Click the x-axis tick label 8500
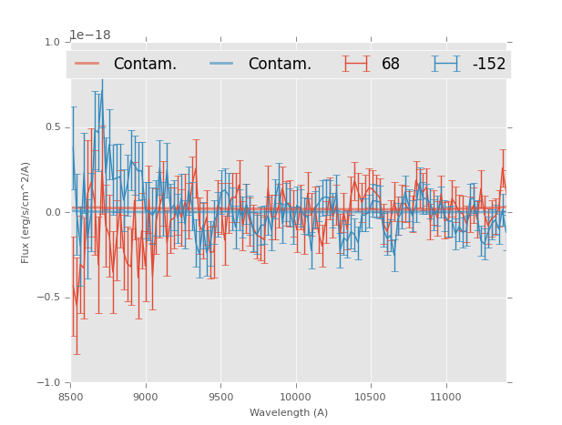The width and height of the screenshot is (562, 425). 71,397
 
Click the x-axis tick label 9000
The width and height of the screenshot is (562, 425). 146,397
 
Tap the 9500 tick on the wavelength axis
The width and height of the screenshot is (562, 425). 220,397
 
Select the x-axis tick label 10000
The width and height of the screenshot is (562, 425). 295,397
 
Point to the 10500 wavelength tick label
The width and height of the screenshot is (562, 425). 370,397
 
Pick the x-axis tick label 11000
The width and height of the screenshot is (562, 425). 444,397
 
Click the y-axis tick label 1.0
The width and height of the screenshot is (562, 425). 52,42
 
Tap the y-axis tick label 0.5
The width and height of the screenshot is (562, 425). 52,127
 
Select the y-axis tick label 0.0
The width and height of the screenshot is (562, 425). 52,213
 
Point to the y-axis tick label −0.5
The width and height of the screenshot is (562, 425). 49,298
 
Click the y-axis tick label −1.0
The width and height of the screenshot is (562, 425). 49,383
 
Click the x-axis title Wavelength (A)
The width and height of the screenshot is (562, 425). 289,412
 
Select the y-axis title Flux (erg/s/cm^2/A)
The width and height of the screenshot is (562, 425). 26,213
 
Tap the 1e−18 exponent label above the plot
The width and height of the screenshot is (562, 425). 90,35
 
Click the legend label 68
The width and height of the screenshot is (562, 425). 391,64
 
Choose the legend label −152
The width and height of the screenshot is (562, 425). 489,64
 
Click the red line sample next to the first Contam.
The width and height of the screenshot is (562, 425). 87,64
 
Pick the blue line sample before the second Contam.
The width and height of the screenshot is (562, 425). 222,64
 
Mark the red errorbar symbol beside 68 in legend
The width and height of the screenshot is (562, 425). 356,64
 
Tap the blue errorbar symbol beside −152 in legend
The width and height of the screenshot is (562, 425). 446,64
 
